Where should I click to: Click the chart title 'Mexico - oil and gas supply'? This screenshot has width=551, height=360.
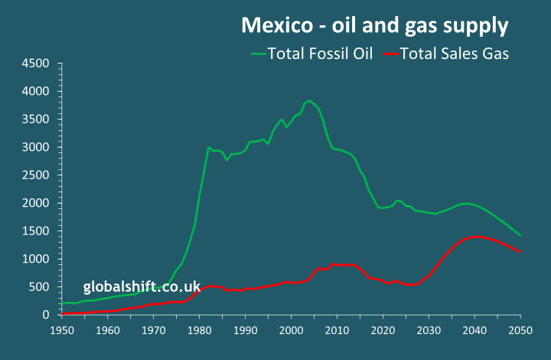point(375,25)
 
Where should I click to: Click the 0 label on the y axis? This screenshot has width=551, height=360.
point(46,315)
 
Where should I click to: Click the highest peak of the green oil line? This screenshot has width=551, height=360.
point(309,100)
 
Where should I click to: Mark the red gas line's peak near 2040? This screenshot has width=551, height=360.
point(476,237)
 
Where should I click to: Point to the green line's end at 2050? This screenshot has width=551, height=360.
point(520,235)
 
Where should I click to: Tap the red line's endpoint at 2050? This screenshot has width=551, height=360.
point(520,252)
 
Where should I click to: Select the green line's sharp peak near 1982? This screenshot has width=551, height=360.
point(208,147)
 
